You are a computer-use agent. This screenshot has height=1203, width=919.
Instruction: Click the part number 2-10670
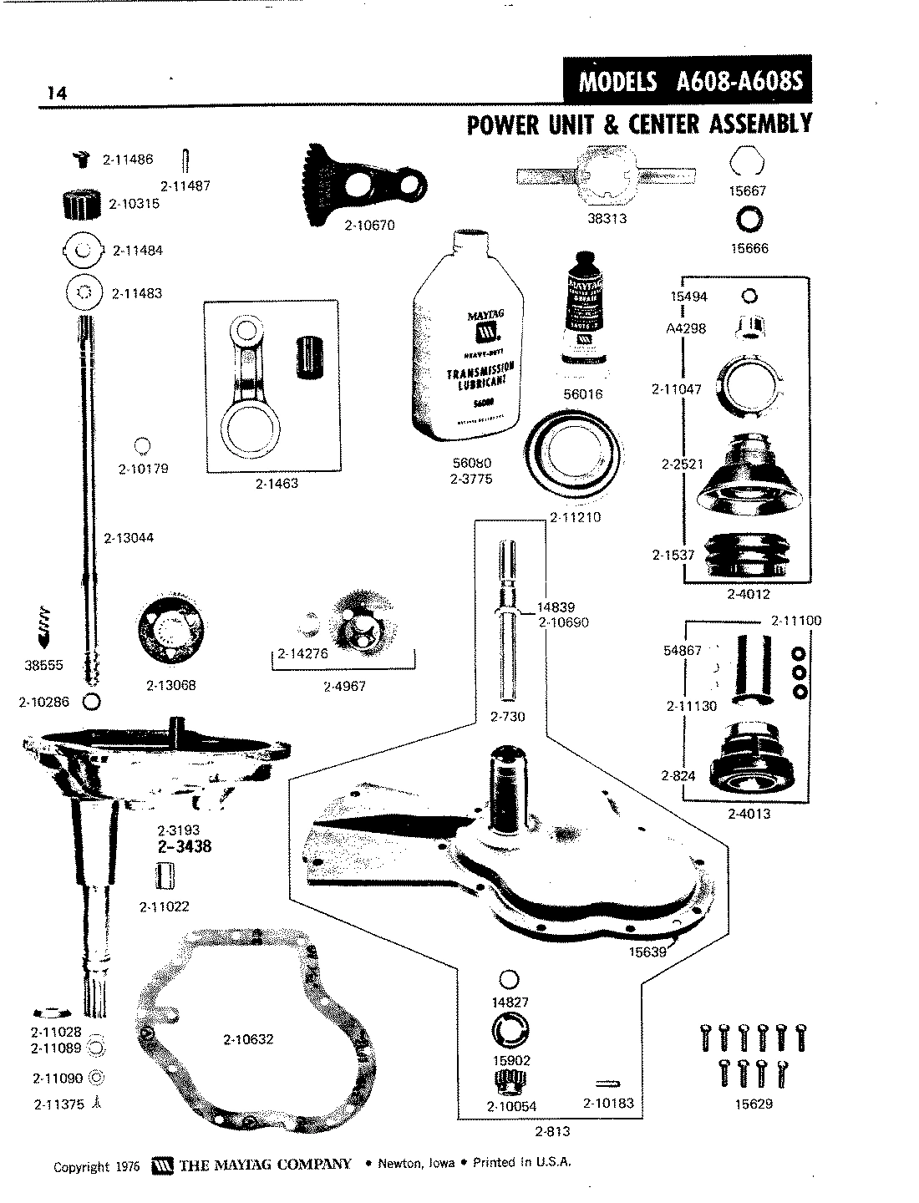coord(368,226)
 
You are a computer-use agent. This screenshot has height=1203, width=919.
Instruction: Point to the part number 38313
coord(607,219)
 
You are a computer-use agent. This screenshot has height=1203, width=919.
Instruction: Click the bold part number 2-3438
coord(184,846)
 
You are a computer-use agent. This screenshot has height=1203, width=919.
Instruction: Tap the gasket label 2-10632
coord(248,1039)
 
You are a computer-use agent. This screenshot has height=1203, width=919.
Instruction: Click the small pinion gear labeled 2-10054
coord(508,1084)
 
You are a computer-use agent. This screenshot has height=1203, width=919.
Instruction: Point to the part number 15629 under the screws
coord(754,1104)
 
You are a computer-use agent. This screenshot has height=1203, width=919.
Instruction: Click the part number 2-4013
coord(749,813)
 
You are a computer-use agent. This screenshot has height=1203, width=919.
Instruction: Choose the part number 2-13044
coord(129,537)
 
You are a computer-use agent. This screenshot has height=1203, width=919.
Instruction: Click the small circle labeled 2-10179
coord(143,446)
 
